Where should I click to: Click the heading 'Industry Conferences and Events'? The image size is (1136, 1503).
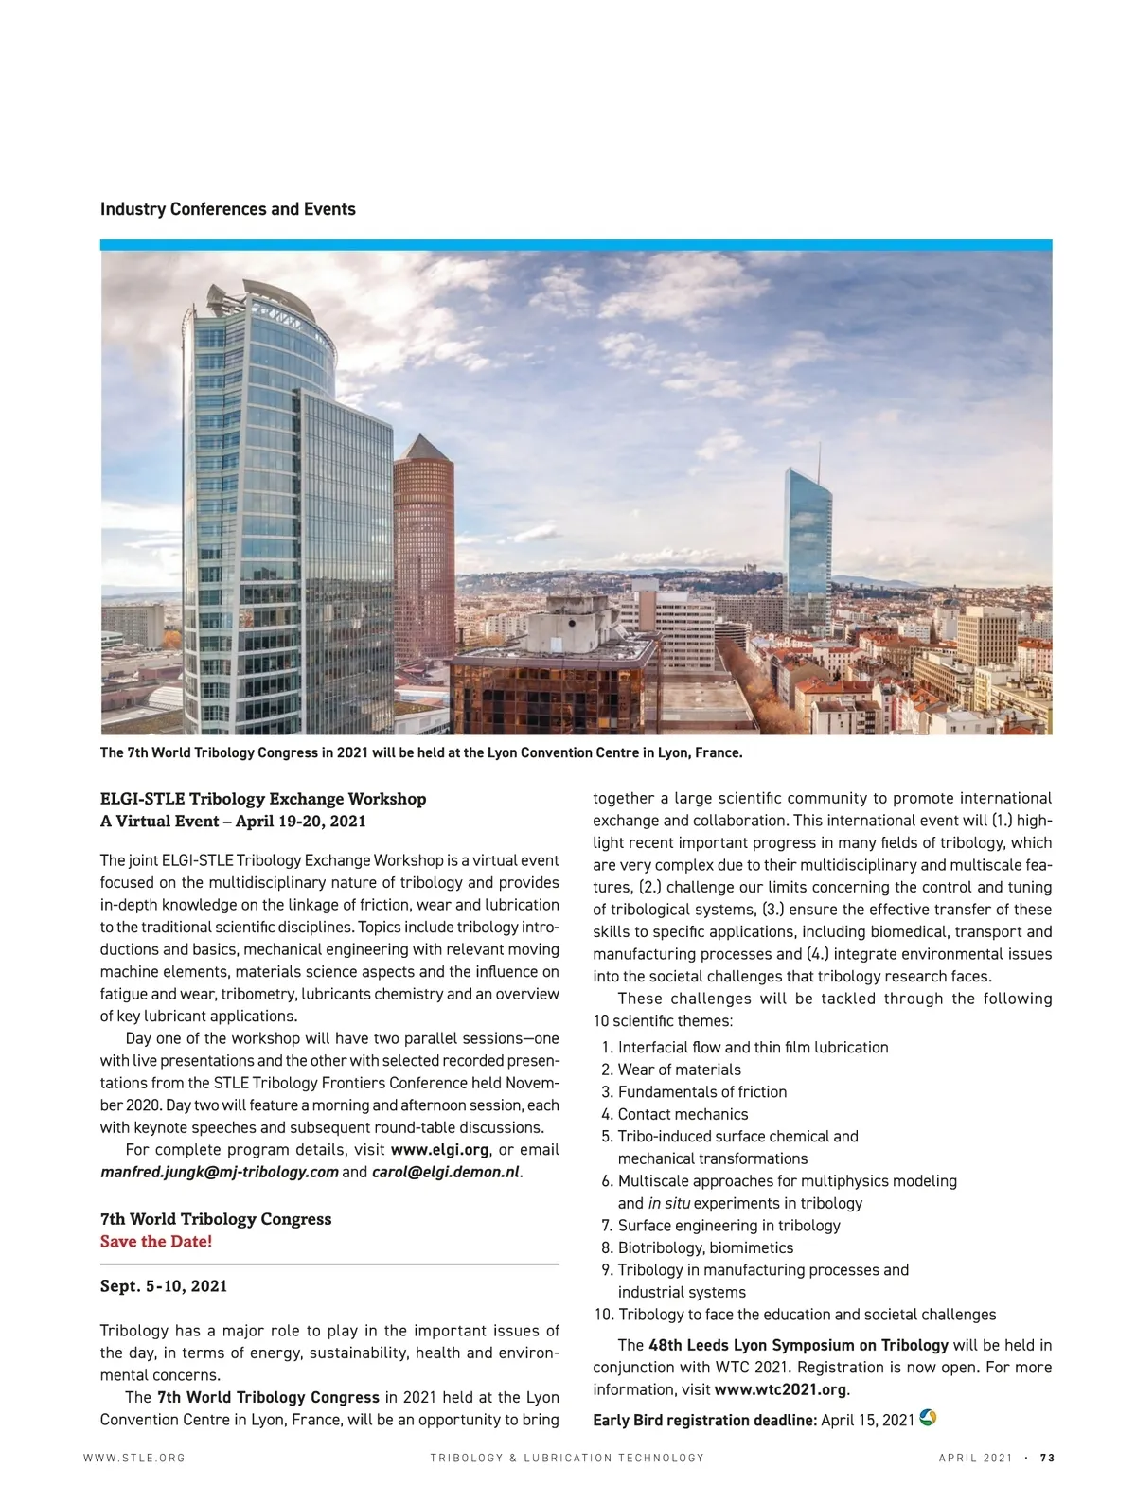pos(227,209)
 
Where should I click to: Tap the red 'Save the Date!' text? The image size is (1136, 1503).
pos(156,1241)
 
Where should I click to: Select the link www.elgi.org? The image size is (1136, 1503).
pos(439,1150)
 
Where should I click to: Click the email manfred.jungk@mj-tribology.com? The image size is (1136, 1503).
pos(219,1172)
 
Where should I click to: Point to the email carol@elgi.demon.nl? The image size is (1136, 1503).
pos(445,1172)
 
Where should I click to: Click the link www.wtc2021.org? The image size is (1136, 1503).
pos(780,1389)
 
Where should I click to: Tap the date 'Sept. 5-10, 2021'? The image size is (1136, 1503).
pos(164,1286)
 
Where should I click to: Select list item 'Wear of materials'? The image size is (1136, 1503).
pos(679,1070)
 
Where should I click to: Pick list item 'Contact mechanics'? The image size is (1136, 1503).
pos(683,1114)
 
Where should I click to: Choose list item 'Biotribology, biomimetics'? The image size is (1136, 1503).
pos(705,1247)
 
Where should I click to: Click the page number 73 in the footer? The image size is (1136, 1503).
pos(1047,1459)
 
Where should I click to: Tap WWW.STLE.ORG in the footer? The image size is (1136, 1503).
pos(134,1459)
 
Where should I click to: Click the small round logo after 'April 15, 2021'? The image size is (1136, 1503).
pos(928,1418)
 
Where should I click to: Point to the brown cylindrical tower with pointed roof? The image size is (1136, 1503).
pos(423,549)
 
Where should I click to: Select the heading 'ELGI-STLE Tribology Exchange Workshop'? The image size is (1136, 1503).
pos(263,799)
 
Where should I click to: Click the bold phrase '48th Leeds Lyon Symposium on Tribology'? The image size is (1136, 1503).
pos(798,1345)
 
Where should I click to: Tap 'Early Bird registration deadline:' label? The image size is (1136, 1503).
pos(704,1420)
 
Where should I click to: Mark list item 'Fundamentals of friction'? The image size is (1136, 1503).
pos(701,1092)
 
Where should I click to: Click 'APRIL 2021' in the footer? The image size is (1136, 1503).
pos(975,1459)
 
